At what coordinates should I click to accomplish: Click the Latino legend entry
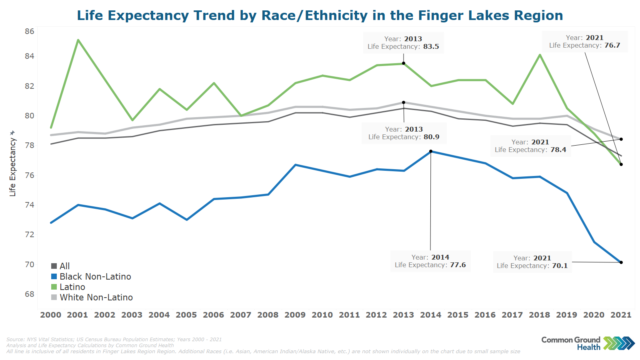click(72, 287)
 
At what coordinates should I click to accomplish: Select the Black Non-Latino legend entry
click(95, 277)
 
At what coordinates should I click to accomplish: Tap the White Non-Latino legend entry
click(96, 298)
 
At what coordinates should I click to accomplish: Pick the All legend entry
click(64, 266)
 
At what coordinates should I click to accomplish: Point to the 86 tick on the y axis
click(30, 31)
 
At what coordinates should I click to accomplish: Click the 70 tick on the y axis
click(30, 264)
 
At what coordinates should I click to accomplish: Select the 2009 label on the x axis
click(295, 315)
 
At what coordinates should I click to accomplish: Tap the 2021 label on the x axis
click(621, 315)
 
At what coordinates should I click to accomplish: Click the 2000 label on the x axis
click(51, 315)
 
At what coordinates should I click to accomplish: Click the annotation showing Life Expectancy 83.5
click(403, 43)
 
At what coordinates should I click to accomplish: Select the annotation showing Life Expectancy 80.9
click(404, 133)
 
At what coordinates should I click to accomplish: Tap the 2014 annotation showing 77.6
click(430, 261)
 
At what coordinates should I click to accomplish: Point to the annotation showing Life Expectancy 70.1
click(532, 262)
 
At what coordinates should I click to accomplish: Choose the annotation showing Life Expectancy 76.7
click(584, 42)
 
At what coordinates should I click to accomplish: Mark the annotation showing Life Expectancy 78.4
click(530, 146)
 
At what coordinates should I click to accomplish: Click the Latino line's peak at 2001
click(78, 40)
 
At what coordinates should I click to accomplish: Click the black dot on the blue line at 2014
click(431, 151)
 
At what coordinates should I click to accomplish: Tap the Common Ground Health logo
click(588, 343)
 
